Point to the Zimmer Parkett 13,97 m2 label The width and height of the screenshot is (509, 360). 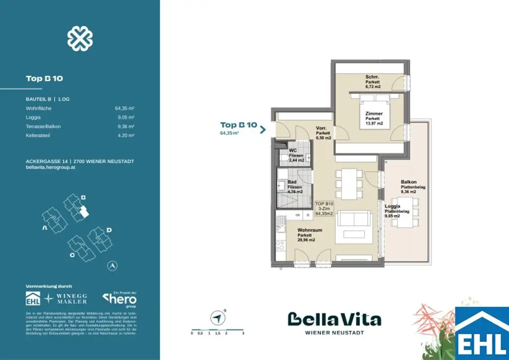(x=373, y=118)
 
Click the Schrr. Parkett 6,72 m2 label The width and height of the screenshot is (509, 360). (x=373, y=82)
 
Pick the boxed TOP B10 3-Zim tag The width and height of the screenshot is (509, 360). (x=325, y=208)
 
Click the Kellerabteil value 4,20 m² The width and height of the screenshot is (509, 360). (x=128, y=135)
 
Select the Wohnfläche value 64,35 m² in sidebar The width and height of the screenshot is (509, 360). (x=125, y=108)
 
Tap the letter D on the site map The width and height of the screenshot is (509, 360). (x=109, y=230)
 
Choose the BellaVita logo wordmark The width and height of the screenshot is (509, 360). (x=334, y=319)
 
